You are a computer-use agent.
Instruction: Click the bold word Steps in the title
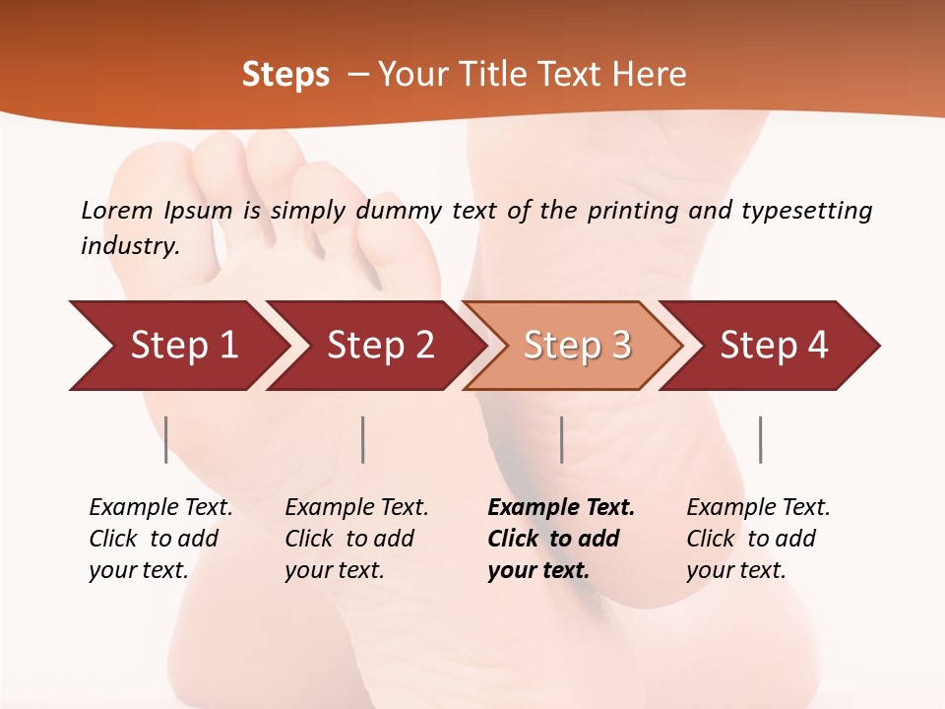click(285, 75)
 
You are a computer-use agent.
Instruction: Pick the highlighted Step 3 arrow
click(577, 346)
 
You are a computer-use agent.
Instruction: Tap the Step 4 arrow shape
click(774, 346)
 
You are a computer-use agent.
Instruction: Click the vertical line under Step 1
click(166, 439)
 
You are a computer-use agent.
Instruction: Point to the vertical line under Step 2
click(363, 439)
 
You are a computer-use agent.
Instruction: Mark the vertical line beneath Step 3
click(561, 439)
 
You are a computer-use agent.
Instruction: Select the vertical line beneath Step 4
click(760, 439)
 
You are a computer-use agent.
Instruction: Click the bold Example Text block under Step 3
click(560, 539)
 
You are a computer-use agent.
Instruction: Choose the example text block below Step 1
click(160, 539)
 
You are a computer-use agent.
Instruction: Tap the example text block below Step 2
click(356, 539)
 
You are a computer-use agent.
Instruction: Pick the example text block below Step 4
click(758, 539)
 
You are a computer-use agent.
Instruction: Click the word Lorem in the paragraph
click(116, 211)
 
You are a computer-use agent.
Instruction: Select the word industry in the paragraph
click(129, 246)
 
